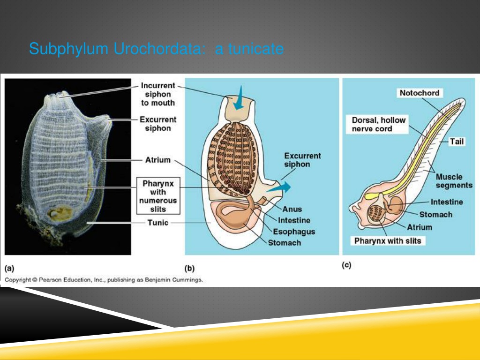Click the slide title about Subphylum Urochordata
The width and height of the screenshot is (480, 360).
click(157, 49)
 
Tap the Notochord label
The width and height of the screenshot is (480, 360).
click(420, 93)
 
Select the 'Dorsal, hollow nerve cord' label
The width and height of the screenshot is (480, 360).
click(378, 124)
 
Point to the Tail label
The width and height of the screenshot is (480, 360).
click(457, 142)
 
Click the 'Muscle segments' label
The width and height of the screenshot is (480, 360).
click(454, 181)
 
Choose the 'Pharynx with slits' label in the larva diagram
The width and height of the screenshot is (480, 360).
click(388, 241)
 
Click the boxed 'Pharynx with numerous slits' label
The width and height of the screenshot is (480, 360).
click(158, 196)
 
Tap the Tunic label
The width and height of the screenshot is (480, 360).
click(157, 223)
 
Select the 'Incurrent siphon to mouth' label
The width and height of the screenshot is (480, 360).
click(158, 94)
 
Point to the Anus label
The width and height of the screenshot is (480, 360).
click(292, 209)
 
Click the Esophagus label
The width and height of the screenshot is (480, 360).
click(294, 232)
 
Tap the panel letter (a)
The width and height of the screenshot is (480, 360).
click(9, 269)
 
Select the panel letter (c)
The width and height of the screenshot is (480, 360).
click(346, 265)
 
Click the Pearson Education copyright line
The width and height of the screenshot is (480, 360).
click(104, 280)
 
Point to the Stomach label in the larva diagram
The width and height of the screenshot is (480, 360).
click(435, 215)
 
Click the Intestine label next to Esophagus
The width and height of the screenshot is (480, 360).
click(294, 220)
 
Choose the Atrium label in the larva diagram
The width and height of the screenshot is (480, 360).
click(420, 227)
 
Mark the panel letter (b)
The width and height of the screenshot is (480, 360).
click(189, 269)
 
